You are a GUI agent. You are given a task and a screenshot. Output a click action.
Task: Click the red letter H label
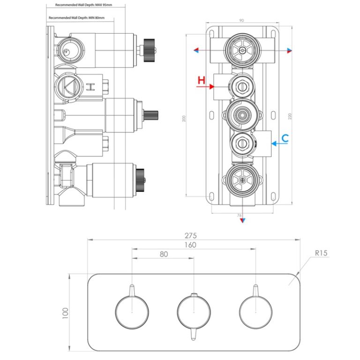[x=201, y=81]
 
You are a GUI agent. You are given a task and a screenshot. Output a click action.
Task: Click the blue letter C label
[x=285, y=138]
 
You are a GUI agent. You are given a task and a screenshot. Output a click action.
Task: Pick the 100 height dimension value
[x=65, y=312]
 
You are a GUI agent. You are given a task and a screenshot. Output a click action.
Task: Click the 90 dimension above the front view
[x=241, y=20]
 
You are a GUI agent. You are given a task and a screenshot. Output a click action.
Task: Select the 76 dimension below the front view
[x=240, y=216]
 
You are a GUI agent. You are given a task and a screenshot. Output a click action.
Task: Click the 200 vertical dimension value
[x=183, y=119]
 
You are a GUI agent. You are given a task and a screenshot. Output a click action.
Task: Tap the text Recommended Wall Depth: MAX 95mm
[x=84, y=5]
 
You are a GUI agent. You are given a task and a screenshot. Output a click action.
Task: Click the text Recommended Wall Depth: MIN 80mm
[x=76, y=18]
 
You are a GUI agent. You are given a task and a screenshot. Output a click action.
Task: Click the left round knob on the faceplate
[x=132, y=312]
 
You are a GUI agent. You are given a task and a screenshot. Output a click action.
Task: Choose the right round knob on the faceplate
[x=255, y=312]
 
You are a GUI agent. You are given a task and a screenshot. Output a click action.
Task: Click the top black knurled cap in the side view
[x=150, y=47]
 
